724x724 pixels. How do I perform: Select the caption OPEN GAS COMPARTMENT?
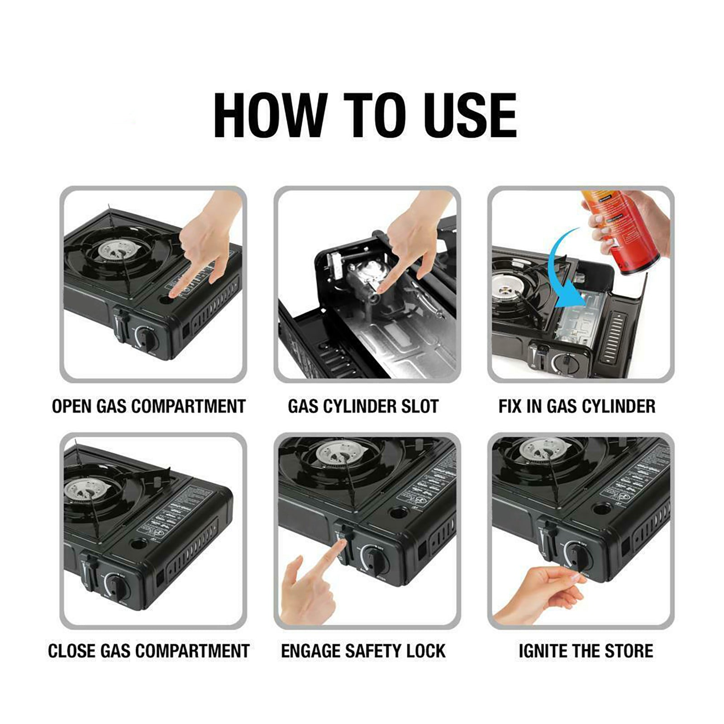pos(148,406)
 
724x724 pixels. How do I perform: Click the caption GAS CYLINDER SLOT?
pos(363,406)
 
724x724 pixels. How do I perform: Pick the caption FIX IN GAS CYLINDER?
pos(576,406)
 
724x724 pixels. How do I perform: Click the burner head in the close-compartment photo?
pos(93,491)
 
